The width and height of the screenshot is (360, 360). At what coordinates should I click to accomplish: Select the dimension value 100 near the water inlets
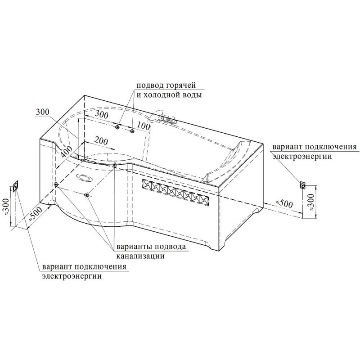tap(144, 126)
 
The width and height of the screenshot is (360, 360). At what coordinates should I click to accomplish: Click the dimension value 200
tap(101, 141)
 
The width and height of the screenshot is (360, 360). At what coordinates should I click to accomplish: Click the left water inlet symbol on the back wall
tap(118, 127)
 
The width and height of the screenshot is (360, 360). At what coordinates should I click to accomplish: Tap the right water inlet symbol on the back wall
tap(132, 131)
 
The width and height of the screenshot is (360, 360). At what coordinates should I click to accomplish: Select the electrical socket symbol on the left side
tap(16, 186)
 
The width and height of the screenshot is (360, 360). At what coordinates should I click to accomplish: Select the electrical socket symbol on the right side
tap(302, 185)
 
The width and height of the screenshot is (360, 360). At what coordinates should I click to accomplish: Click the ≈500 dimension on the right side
tap(284, 203)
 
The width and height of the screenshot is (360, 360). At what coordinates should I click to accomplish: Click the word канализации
tap(140, 256)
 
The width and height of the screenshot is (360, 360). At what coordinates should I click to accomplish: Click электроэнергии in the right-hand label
tap(302, 157)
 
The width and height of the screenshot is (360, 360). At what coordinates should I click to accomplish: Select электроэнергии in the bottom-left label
tap(72, 276)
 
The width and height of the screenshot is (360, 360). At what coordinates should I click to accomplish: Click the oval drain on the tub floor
tap(84, 178)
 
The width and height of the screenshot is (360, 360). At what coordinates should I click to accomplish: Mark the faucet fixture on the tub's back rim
tap(163, 117)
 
